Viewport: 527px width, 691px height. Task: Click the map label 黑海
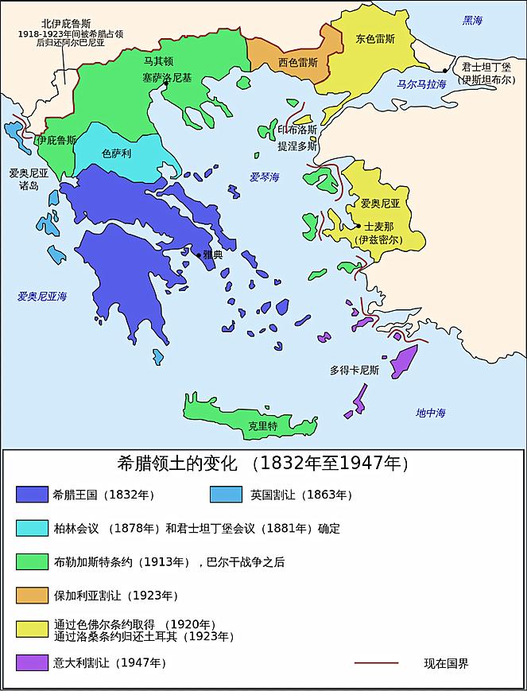473,20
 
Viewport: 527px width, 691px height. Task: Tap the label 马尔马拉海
421,84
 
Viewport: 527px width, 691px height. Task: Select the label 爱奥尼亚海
42,296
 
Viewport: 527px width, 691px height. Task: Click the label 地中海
431,412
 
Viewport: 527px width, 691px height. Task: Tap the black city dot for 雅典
199,254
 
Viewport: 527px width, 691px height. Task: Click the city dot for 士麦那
358,227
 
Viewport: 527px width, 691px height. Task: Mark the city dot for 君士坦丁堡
433,71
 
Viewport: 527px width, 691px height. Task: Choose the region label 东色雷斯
375,39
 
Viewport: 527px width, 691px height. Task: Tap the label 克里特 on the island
262,426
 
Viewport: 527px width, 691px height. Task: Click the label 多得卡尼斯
355,370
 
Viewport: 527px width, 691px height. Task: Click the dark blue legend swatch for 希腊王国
32,494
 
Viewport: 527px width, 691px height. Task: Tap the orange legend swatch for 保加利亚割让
32,595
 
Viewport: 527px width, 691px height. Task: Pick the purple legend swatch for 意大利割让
32,662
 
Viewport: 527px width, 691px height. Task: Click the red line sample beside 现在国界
376,662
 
